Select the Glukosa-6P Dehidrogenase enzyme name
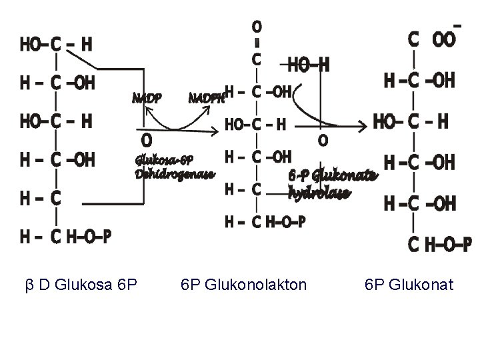(x=175, y=167)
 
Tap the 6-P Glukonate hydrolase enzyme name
(x=333, y=183)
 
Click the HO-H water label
(x=308, y=65)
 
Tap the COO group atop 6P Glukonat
(x=433, y=39)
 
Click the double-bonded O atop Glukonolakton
(x=256, y=27)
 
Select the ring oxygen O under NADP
(x=146, y=140)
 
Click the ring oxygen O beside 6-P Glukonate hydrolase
(x=322, y=141)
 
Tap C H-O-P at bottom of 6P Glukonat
(x=439, y=245)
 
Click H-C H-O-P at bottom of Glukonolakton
(x=265, y=222)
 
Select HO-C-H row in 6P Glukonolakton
(x=257, y=125)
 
